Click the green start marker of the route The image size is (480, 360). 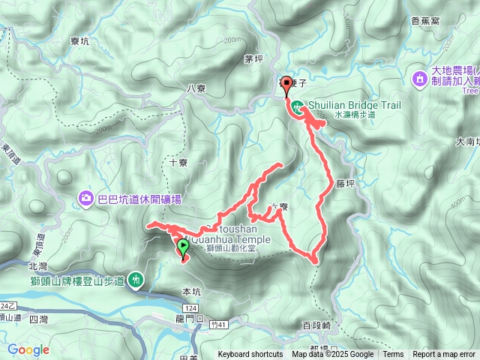click(x=183, y=246)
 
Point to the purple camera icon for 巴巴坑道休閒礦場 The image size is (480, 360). click(x=86, y=198)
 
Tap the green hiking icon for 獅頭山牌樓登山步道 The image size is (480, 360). click(x=136, y=278)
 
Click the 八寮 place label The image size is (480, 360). click(x=196, y=88)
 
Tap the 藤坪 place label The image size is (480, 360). click(x=344, y=182)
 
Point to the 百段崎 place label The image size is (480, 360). click(x=316, y=325)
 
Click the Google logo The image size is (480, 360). click(x=28, y=349)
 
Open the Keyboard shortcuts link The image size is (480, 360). click(x=250, y=355)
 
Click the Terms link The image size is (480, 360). click(x=393, y=355)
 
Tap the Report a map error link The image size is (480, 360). click(x=445, y=355)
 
